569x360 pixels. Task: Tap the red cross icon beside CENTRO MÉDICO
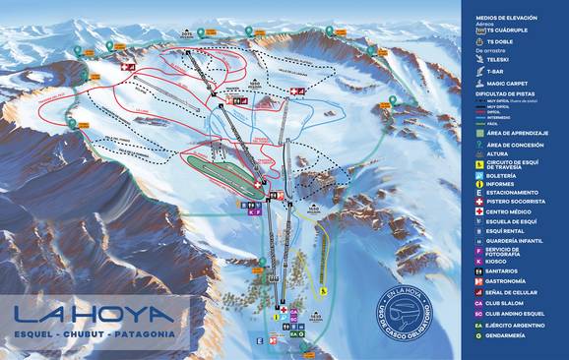tap(479, 211)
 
